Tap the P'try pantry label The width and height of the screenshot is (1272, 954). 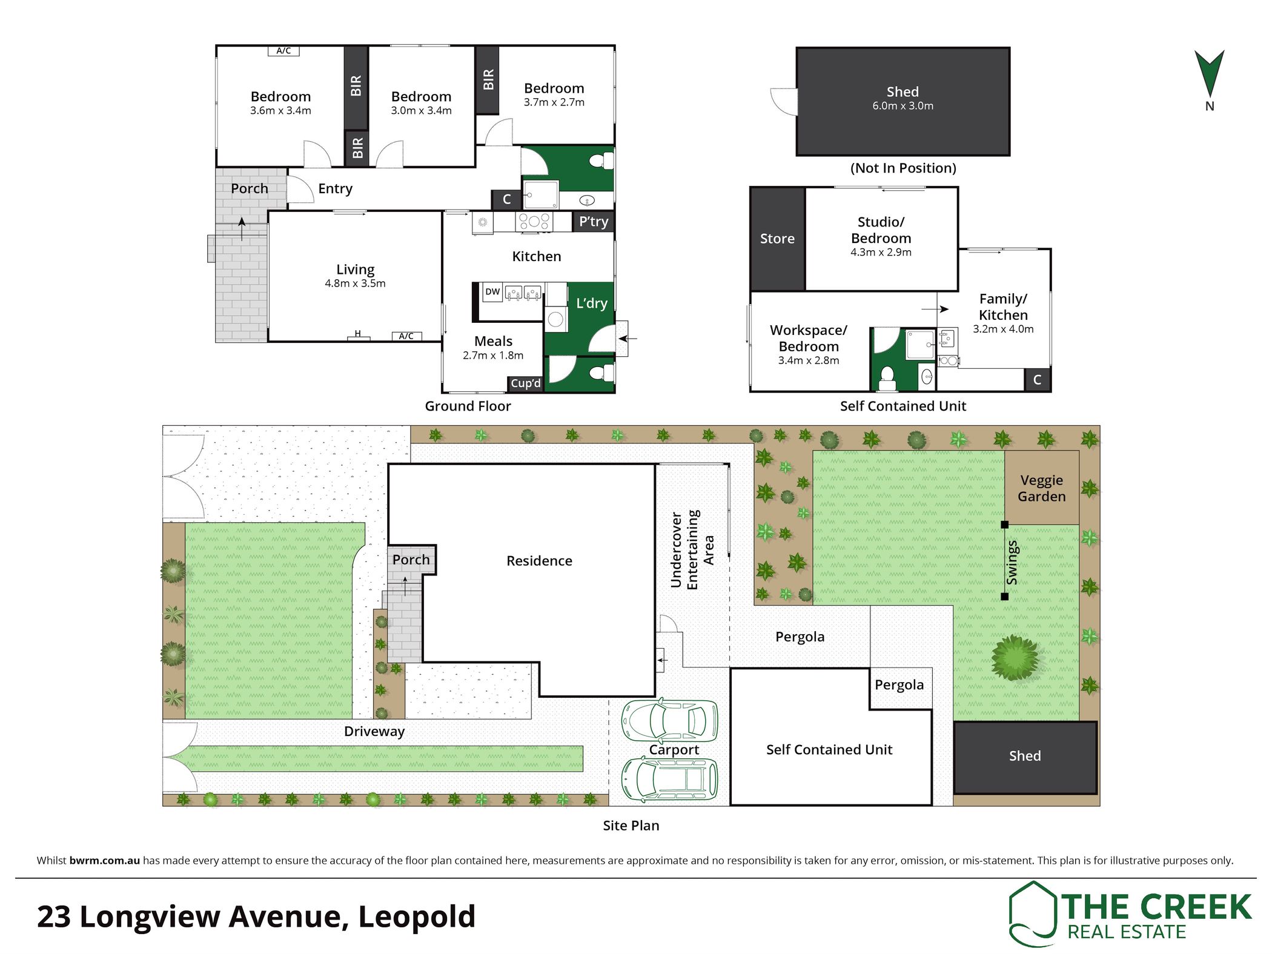pos(594,222)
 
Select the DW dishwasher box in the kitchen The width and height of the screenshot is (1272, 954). pos(492,292)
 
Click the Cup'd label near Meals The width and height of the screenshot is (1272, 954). pos(525,383)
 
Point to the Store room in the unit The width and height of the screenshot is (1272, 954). pos(777,239)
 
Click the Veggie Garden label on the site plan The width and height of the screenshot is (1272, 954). pos(1042,488)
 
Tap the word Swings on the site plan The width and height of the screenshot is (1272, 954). pos(1012,563)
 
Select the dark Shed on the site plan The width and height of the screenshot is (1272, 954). pos(1025,757)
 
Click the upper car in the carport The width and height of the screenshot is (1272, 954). pos(669,721)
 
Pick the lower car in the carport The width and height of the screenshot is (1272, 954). pos(669,779)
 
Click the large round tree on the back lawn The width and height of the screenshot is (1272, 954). pos(1015,657)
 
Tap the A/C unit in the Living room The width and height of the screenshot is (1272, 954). pos(406,336)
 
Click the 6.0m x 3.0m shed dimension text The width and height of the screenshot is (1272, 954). pos(903,106)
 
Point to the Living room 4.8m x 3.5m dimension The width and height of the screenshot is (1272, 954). pos(355,283)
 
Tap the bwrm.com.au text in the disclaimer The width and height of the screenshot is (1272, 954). pos(105,860)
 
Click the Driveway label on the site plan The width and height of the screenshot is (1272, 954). pos(374,731)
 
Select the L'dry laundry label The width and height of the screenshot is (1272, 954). pos(592,303)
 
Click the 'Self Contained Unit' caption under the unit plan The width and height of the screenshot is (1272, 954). pos(903,406)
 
